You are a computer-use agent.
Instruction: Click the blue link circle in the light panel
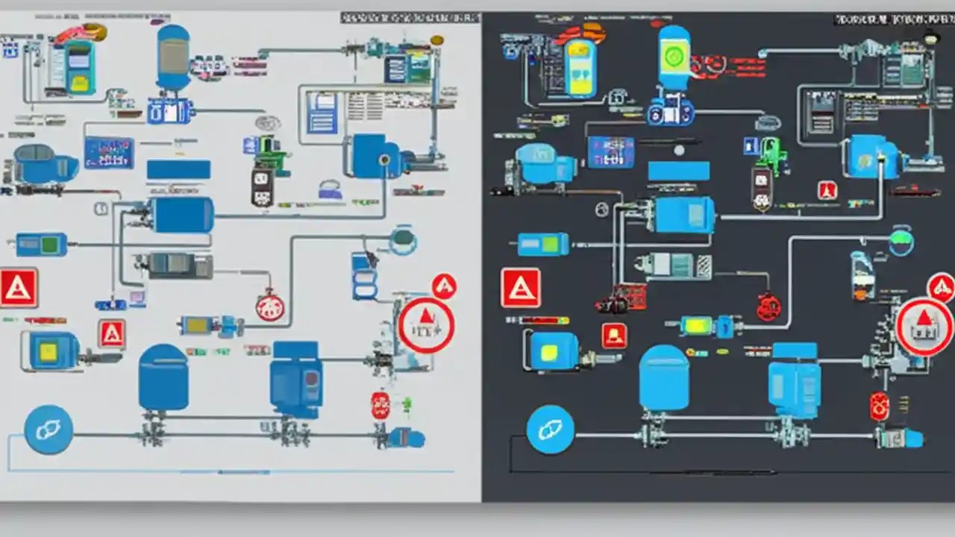(x=48, y=430)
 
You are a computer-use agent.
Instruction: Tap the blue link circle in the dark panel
(x=551, y=430)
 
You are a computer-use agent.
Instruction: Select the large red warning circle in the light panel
(x=426, y=325)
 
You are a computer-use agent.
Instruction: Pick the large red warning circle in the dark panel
(x=924, y=326)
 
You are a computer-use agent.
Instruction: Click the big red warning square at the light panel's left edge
(x=18, y=288)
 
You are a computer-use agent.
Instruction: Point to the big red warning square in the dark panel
(x=521, y=289)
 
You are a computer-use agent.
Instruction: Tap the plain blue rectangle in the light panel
(x=178, y=170)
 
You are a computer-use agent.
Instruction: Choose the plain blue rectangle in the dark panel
(x=678, y=171)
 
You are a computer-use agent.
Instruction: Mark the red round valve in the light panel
(x=270, y=306)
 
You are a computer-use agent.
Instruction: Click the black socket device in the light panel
(x=263, y=186)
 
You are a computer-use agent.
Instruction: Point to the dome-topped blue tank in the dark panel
(x=664, y=377)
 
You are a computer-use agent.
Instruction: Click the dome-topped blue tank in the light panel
(x=163, y=377)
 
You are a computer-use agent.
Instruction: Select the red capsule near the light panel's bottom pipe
(x=381, y=406)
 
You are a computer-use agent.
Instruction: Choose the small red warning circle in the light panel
(x=444, y=286)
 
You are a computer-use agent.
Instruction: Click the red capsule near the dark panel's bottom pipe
(x=880, y=406)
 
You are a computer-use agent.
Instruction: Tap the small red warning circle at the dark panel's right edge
(x=941, y=287)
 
